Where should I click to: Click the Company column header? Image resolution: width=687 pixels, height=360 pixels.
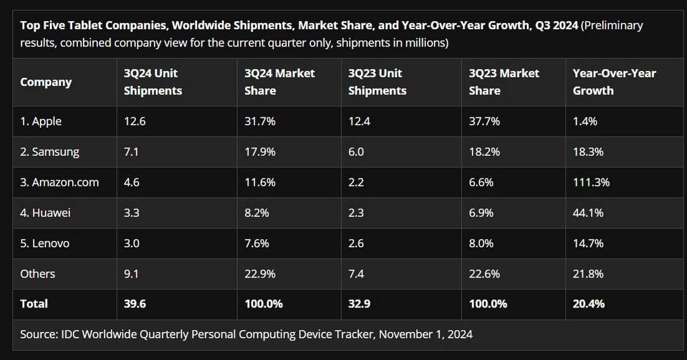(x=46, y=82)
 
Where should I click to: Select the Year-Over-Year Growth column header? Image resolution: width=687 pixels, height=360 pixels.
(x=614, y=82)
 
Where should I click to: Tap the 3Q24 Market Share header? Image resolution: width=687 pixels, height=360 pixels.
(x=279, y=82)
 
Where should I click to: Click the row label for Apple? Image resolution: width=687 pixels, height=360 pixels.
(x=41, y=121)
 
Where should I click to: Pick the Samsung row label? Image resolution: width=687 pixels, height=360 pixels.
(x=49, y=152)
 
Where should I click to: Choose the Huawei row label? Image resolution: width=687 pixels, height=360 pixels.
(x=45, y=213)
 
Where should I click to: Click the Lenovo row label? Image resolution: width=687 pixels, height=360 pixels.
(x=45, y=243)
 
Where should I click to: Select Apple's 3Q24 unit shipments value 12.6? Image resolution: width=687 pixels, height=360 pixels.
(x=135, y=121)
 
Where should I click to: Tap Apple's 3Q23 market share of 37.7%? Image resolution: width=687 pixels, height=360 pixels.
(x=484, y=121)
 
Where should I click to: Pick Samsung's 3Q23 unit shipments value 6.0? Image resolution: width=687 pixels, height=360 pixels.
(x=356, y=152)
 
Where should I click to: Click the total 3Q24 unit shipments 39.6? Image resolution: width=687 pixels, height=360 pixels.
(x=135, y=304)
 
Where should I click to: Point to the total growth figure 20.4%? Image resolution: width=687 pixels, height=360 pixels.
(x=589, y=304)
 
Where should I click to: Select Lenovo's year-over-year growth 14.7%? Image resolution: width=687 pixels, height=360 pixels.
(x=588, y=243)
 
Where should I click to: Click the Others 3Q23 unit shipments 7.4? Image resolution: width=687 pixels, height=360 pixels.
(x=356, y=274)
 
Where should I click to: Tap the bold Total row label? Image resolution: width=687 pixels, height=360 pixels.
(x=34, y=304)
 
